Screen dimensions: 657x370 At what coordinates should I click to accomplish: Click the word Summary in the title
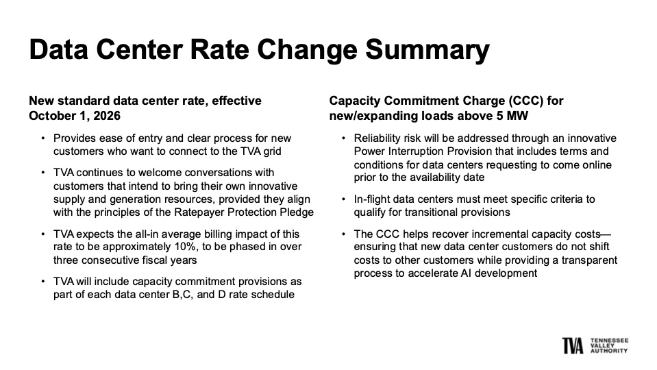tap(427, 50)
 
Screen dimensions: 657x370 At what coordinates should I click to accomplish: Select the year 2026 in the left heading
tap(107, 116)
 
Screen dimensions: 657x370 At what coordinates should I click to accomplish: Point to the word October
tap(50, 116)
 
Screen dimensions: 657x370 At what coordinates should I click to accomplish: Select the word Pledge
tap(297, 212)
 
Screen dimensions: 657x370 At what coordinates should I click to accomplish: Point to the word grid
tap(273, 151)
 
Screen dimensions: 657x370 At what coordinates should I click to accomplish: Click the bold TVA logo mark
tap(573, 345)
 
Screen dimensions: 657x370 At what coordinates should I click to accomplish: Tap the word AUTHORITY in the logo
tap(609, 350)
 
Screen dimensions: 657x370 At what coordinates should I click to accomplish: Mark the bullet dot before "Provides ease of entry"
tap(42, 138)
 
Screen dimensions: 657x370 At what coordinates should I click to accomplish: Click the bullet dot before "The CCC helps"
tap(343, 234)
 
